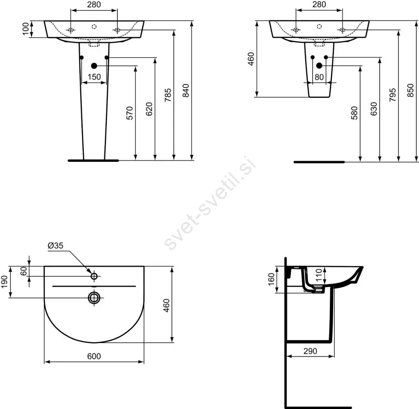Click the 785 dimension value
tap(168, 95)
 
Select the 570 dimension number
tap(129, 113)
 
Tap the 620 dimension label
tap(149, 109)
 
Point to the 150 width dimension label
tap(94, 77)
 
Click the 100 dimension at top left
tap(25, 29)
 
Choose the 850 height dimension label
tap(411, 90)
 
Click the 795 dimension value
tap(392, 95)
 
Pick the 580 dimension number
tap(354, 113)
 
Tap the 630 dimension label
tap(374, 109)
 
